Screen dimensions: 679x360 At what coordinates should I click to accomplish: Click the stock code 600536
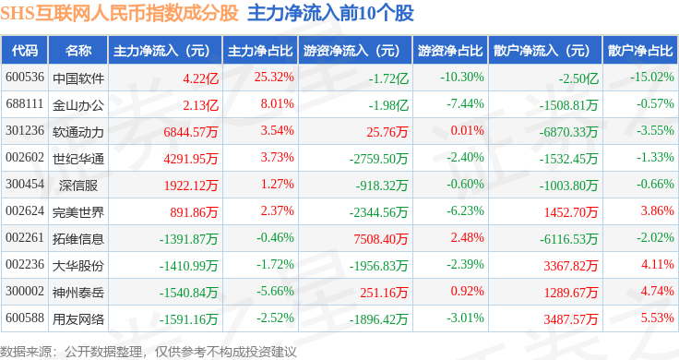(25, 78)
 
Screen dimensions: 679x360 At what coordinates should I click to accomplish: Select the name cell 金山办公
(77, 105)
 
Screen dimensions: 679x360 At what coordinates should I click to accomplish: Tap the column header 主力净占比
(260, 51)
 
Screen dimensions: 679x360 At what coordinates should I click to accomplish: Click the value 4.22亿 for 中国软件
(200, 78)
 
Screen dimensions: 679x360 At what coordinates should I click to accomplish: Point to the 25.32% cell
(274, 78)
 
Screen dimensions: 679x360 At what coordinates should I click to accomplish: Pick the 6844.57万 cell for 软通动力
(191, 132)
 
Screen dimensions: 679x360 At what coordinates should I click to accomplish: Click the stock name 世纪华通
(77, 159)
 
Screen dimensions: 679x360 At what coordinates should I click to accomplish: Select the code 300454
(25, 184)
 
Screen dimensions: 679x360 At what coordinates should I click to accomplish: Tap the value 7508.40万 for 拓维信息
(381, 239)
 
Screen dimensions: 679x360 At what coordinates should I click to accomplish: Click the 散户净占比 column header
(640, 51)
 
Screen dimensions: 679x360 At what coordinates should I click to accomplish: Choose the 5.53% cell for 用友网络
(658, 318)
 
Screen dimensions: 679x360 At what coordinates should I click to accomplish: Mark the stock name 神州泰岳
(77, 293)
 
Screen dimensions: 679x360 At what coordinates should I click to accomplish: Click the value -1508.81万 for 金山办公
(568, 105)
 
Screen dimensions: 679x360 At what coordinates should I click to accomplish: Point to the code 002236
(25, 264)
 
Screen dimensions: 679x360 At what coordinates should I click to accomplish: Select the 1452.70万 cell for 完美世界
(571, 212)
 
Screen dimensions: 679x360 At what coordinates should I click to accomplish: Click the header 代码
(25, 51)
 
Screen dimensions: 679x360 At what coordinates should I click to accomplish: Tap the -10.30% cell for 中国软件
(462, 78)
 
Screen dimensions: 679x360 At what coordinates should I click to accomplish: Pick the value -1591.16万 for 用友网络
(188, 319)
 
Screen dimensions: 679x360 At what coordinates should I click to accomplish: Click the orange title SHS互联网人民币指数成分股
(120, 13)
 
